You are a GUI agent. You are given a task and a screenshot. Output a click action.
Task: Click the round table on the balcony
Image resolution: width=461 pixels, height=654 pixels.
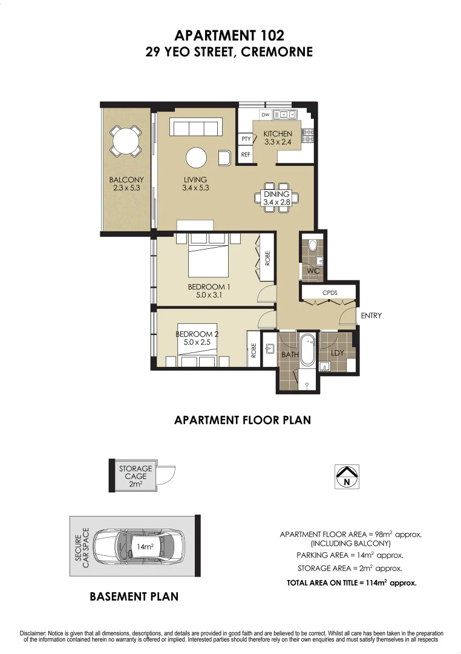(126, 142)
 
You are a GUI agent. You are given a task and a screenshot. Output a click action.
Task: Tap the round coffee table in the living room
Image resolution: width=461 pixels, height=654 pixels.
(196, 158)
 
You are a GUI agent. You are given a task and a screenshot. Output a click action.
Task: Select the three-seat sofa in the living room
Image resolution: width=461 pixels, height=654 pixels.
(195, 128)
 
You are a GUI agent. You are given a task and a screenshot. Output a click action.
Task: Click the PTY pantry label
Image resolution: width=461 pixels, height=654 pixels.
(246, 139)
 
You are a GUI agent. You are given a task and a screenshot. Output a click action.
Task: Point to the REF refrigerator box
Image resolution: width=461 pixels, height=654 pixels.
(246, 155)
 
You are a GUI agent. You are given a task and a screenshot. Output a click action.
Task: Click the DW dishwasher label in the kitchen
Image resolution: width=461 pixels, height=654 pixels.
(265, 114)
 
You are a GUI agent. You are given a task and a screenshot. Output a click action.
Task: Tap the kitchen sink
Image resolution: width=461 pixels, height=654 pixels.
(285, 114)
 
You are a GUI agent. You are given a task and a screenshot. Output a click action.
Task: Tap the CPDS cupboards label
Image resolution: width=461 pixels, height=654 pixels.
(330, 292)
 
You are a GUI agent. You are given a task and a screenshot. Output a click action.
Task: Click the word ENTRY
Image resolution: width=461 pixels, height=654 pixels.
(371, 315)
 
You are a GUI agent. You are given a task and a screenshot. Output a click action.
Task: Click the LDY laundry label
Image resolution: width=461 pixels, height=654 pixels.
(338, 352)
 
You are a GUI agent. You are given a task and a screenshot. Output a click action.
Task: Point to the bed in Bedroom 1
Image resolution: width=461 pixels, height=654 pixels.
(208, 259)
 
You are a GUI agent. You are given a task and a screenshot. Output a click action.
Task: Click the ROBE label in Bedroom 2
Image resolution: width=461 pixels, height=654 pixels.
(254, 350)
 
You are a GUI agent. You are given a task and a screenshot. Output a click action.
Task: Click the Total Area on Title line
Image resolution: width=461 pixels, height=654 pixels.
(351, 583)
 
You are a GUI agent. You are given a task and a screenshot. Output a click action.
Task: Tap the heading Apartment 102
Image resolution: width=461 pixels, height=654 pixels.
(230, 36)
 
